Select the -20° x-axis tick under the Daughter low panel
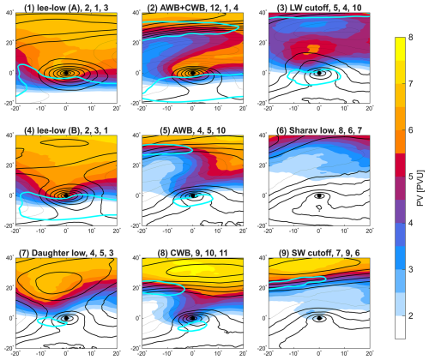tap(15, 351)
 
